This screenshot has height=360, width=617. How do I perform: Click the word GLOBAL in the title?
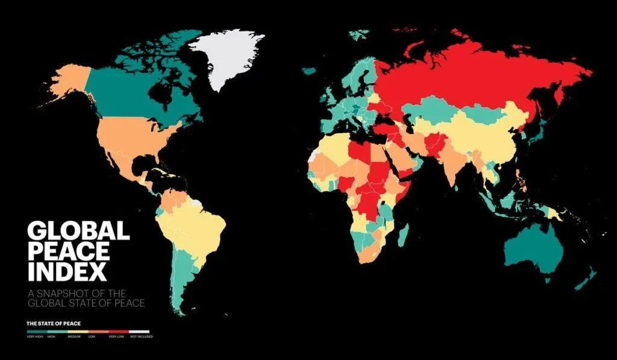78,231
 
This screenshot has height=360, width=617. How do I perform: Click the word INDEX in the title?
67,271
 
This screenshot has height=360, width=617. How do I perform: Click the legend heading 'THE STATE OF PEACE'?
54,324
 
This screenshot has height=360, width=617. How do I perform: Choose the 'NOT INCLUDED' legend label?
142,336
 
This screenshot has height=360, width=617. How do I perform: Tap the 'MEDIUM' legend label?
74,336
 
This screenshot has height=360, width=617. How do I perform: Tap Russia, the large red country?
470,78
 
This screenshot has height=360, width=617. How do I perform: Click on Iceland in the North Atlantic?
309,71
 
